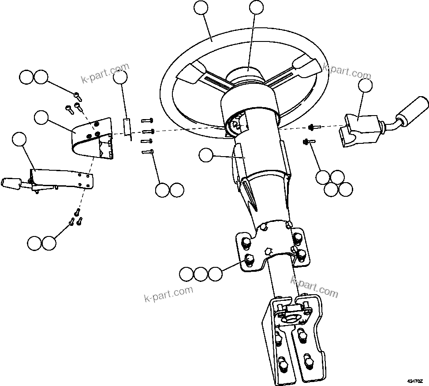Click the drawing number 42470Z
[x=415, y=380]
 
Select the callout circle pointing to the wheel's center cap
[x=256, y=7]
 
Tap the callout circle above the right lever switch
[x=365, y=86]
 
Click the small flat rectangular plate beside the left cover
[x=126, y=127]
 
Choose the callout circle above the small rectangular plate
[x=120, y=78]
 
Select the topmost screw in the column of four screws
[x=147, y=120]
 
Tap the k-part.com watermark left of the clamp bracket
[x=168, y=293]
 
